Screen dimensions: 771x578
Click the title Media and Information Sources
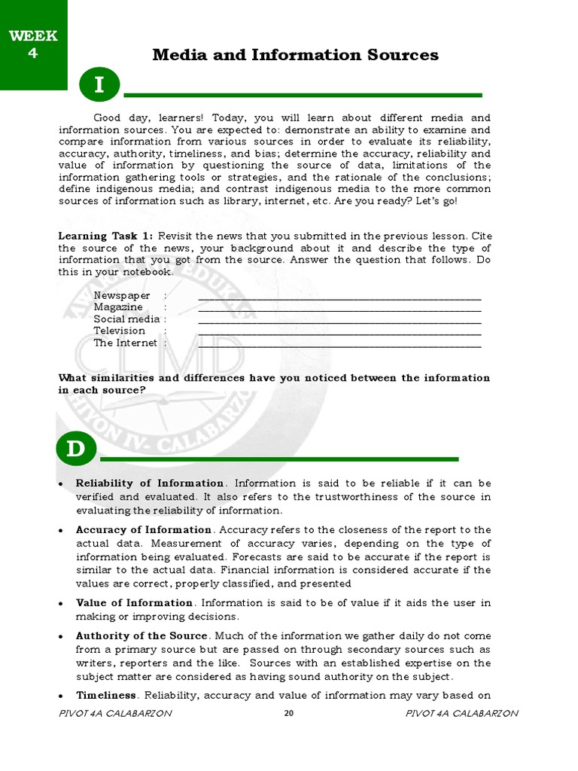coord(295,54)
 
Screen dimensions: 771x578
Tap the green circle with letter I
coord(99,87)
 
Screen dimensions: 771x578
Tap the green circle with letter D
coord(75,449)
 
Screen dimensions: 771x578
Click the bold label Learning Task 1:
coord(105,236)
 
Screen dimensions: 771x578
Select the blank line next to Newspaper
coord(339,297)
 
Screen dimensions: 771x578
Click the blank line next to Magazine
coord(339,308)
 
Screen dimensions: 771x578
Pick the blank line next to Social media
coord(339,320)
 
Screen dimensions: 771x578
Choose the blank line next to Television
coord(339,331)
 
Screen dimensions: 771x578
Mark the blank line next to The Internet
coord(339,343)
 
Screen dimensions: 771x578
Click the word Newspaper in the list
coord(122,296)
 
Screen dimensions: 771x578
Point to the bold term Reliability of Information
coord(150,483)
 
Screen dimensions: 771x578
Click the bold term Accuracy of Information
coord(144,530)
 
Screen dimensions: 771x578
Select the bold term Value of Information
coord(135,603)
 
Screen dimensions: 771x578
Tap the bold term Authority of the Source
coord(141,636)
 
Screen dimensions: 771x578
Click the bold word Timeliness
coord(106,695)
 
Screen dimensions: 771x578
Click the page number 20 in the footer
coord(288,714)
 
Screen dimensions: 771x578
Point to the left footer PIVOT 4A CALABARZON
coord(114,714)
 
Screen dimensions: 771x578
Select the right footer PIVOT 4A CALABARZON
coord(461,714)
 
